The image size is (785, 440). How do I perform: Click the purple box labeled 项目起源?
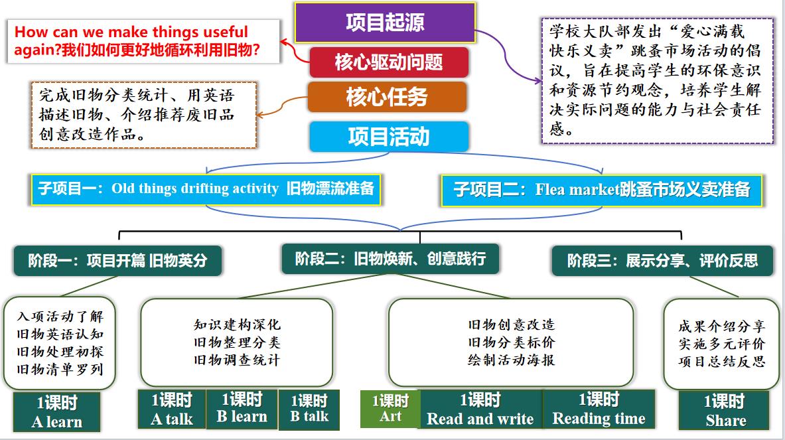pyautogui.click(x=385, y=23)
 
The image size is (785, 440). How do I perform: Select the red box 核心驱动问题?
pyautogui.click(x=389, y=63)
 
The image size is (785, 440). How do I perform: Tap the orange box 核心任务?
pyautogui.click(x=387, y=98)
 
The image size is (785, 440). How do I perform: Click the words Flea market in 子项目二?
pyautogui.click(x=577, y=190)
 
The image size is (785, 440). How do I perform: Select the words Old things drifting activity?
pyautogui.click(x=194, y=188)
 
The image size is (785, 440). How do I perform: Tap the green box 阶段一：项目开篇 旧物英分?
pyautogui.click(x=117, y=260)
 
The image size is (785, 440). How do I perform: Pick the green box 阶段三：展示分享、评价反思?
pyautogui.click(x=662, y=260)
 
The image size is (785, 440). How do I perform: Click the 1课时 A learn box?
pyautogui.click(x=57, y=411)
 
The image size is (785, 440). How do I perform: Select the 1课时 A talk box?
pyautogui.click(x=171, y=409)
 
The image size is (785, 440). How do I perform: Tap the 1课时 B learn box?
pyautogui.click(x=242, y=408)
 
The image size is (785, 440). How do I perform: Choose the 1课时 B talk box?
pyautogui.click(x=309, y=409)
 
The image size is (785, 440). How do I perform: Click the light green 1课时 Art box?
pyautogui.click(x=390, y=409)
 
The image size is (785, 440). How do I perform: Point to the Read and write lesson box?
pyautogui.click(x=480, y=409)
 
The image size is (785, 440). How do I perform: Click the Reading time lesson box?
pyautogui.click(x=599, y=409)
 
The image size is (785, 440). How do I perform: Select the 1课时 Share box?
pyautogui.click(x=725, y=410)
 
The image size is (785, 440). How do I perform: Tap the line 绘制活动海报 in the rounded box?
pyautogui.click(x=510, y=360)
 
